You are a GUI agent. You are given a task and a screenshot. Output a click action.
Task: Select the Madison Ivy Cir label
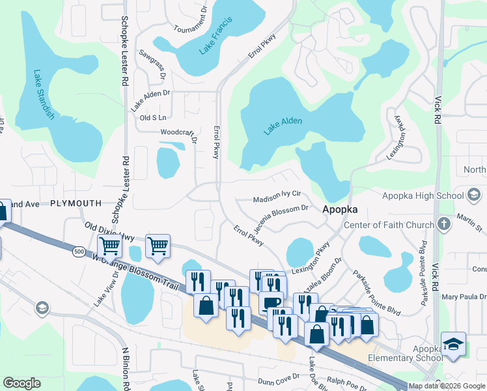point(277,194)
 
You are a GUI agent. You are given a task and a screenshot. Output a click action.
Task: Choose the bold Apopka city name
point(341,211)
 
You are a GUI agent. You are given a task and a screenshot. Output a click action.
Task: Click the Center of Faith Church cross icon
point(443,225)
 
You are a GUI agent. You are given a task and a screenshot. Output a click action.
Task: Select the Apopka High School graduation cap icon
point(475,195)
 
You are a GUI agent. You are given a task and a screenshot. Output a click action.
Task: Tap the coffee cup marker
point(270,302)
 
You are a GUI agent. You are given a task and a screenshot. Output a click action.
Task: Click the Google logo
point(22,383)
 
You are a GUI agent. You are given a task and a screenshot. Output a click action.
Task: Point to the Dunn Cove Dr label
point(278,376)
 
